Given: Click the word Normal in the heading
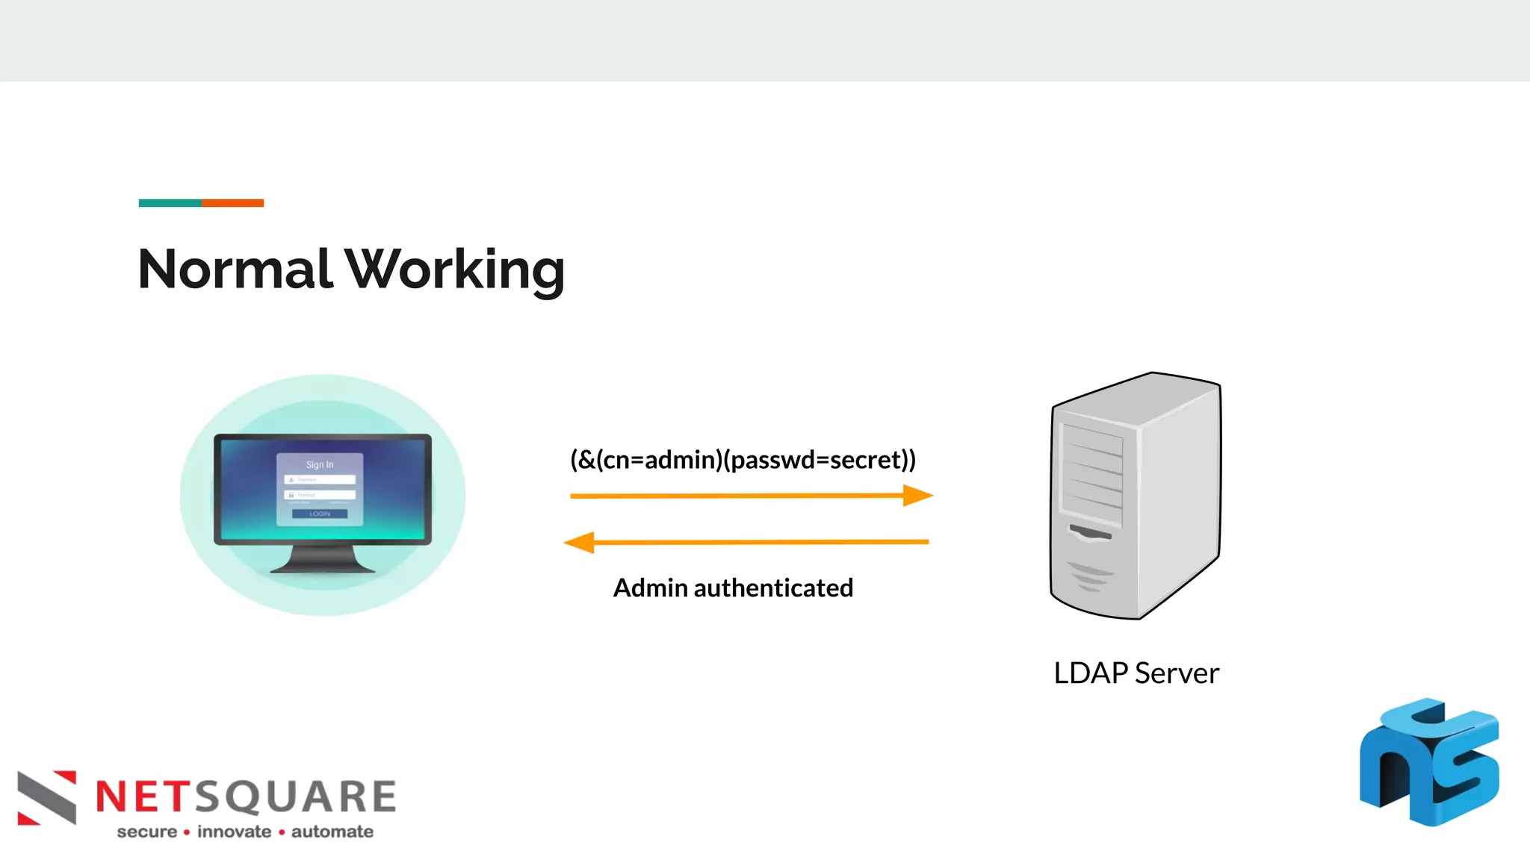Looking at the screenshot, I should click(235, 269).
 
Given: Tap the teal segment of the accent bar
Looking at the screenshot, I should click(170, 203).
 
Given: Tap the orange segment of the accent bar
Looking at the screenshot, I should click(232, 203).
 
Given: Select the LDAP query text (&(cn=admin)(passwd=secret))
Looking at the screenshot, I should click(743, 459).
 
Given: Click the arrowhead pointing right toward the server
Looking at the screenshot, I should click(917, 495).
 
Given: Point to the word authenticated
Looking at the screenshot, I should click(773, 588).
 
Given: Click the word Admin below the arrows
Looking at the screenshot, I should click(650, 588).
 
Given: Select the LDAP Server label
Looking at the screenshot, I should click(1136, 673).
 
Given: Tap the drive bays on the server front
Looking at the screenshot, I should click(1092, 474).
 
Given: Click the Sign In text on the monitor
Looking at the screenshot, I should click(320, 464).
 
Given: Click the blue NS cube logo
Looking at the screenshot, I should click(1428, 763).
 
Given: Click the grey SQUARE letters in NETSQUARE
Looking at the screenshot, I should click(296, 797).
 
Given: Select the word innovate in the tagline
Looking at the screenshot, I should click(234, 832).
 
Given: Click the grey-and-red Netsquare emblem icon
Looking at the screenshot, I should click(47, 797).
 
